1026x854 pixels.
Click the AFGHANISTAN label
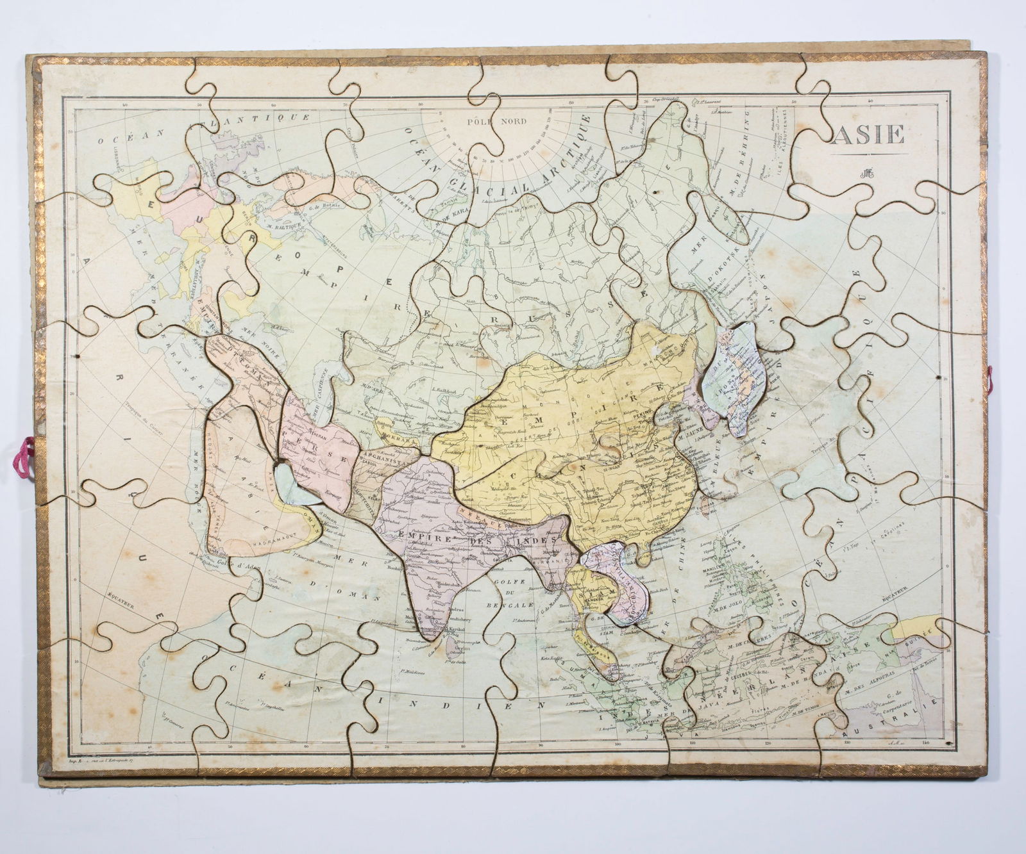coord(383,459)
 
